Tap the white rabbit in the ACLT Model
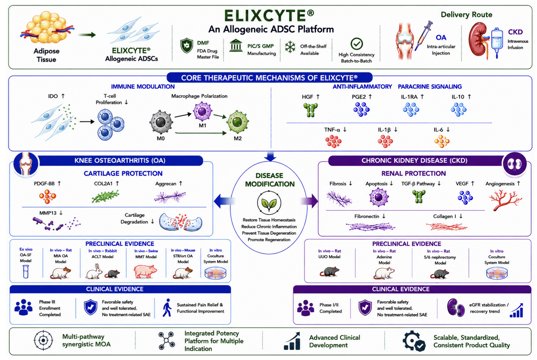click(x=94, y=272)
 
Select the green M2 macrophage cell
click(x=238, y=122)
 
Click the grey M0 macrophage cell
click(x=161, y=122)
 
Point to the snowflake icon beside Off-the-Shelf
click(x=290, y=47)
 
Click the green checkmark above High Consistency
click(x=357, y=44)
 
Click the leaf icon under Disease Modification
click(x=269, y=203)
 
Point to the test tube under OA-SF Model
click(x=26, y=271)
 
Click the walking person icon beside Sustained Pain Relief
click(x=167, y=308)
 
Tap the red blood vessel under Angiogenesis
click(x=505, y=199)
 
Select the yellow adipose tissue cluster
click(x=47, y=27)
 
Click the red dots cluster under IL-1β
click(x=385, y=141)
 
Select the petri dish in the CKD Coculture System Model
click(x=497, y=273)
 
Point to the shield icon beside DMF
click(x=186, y=46)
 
